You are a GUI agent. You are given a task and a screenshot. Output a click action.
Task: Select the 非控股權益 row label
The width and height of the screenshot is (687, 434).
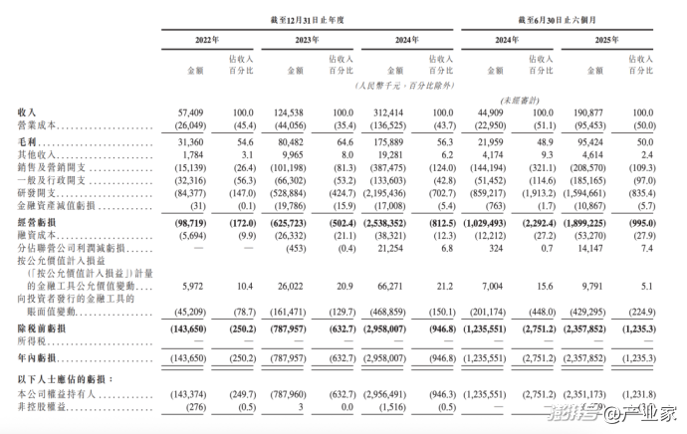(x=44, y=406)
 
